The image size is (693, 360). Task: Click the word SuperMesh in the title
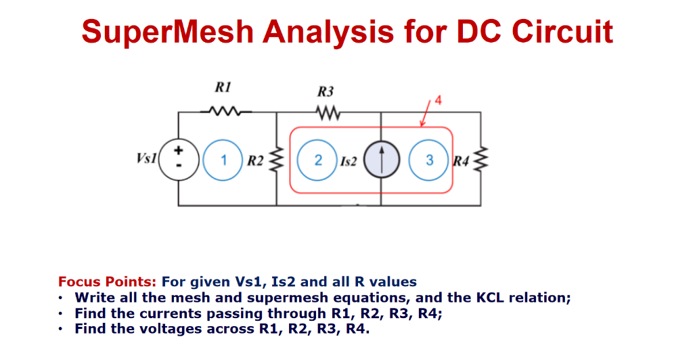pyautogui.click(x=166, y=31)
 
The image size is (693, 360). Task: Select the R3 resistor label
pyautogui.click(x=326, y=91)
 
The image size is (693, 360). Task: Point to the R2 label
pyautogui.click(x=255, y=161)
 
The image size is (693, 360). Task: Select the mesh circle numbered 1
pyautogui.click(x=223, y=160)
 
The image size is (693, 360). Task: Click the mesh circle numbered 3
pyautogui.click(x=429, y=160)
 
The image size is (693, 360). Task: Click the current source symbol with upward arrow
pyautogui.click(x=380, y=160)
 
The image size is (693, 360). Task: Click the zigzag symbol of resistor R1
pyautogui.click(x=223, y=111)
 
